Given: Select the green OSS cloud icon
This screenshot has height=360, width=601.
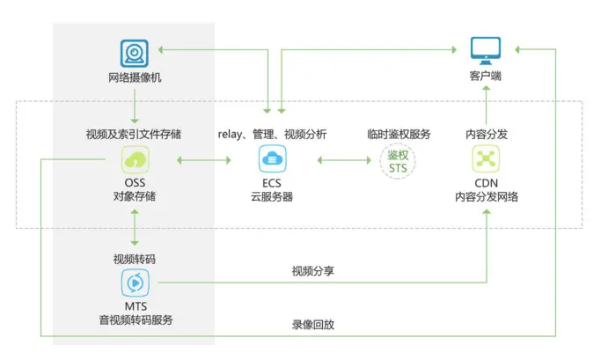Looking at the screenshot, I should pyautogui.click(x=135, y=159).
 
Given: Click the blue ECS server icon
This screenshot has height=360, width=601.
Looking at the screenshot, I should pyautogui.click(x=272, y=159).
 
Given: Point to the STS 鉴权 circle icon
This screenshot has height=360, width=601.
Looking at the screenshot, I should pyautogui.click(x=399, y=160).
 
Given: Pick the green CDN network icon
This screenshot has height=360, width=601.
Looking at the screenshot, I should pyautogui.click(x=486, y=159).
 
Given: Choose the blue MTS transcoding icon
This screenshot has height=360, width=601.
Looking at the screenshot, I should pyautogui.click(x=135, y=283).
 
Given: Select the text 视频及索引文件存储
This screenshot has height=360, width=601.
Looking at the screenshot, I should pyautogui.click(x=135, y=134).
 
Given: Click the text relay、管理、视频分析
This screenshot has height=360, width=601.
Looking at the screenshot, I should pyautogui.click(x=272, y=134).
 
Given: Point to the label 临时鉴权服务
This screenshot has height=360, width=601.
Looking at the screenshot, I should pyautogui.click(x=399, y=134).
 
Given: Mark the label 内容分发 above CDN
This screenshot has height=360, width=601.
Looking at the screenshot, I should pyautogui.click(x=486, y=134).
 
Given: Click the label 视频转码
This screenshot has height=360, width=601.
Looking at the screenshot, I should pyautogui.click(x=135, y=259).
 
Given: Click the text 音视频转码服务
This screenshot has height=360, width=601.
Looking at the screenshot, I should pyautogui.click(x=135, y=320).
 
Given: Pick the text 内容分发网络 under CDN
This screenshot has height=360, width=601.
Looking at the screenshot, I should pyautogui.click(x=486, y=196).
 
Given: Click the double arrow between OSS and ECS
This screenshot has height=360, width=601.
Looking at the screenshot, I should pyautogui.click(x=202, y=160).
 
